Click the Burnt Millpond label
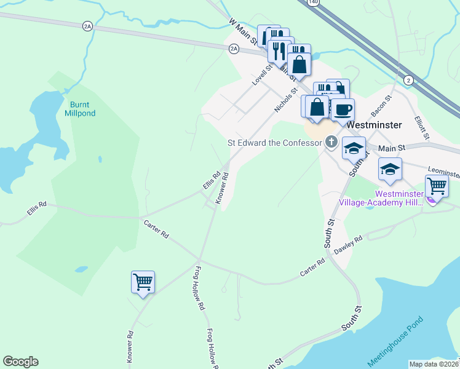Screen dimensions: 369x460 [x=81, y=109]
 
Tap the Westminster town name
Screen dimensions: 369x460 [x=374, y=124]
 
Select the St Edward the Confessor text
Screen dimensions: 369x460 [x=274, y=143]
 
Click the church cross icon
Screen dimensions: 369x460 [x=331, y=143]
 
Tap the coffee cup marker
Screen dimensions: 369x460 [x=343, y=110]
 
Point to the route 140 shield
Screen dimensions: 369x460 [x=314, y=2]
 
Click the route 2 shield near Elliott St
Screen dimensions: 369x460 [x=408, y=80]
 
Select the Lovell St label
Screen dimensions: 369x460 [x=261, y=74]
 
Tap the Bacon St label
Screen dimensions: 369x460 [x=380, y=106]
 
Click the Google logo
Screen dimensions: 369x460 [x=20, y=362]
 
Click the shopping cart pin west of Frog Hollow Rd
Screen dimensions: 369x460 [x=143, y=282]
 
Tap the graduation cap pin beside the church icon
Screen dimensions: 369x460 [x=354, y=148]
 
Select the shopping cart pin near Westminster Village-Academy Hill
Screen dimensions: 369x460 [x=436, y=185]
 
